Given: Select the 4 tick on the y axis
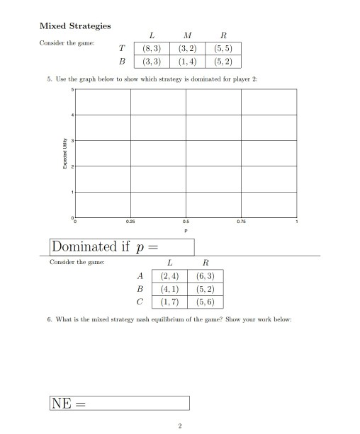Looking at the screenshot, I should tap(71, 115).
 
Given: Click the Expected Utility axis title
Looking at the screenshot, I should tap(63, 152).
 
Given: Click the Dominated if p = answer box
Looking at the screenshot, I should tap(122, 246).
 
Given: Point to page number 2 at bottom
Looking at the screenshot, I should tap(180, 426).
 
